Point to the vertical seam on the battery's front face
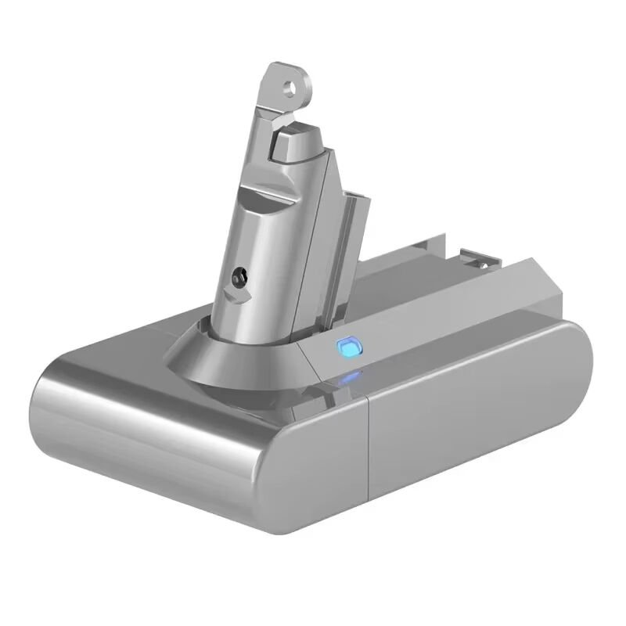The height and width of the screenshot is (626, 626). [369, 454]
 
